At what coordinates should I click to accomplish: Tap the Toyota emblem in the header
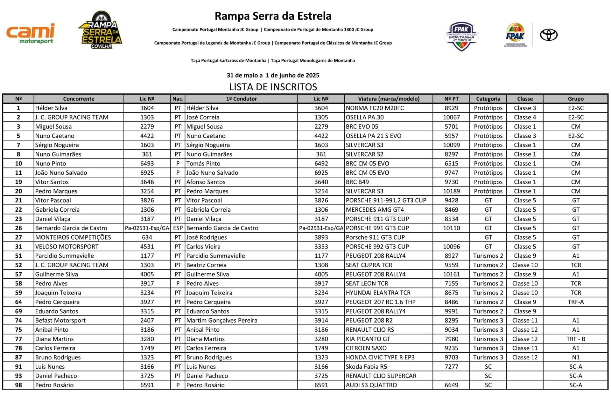549,35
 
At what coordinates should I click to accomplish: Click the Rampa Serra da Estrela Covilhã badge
101,30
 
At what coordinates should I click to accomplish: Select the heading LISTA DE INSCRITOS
273,87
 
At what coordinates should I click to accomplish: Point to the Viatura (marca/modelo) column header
389,99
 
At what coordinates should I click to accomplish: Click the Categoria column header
488,99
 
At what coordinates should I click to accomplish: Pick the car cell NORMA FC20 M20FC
375,108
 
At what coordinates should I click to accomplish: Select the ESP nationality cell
178,228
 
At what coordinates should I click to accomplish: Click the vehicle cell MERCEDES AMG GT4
375,210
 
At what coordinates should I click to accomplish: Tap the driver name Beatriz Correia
207,265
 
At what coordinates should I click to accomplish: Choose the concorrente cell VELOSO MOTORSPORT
67,247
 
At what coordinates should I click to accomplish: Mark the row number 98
18,385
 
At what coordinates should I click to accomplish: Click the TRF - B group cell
575,339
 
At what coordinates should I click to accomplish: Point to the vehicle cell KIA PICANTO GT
368,339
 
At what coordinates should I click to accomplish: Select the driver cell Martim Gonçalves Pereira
222,321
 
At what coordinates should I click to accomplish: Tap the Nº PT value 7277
451,367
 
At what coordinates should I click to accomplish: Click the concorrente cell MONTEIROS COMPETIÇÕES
73,237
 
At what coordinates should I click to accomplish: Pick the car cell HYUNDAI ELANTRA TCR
378,293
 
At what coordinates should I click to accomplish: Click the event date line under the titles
273,75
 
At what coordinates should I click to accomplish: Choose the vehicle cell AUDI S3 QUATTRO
371,385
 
